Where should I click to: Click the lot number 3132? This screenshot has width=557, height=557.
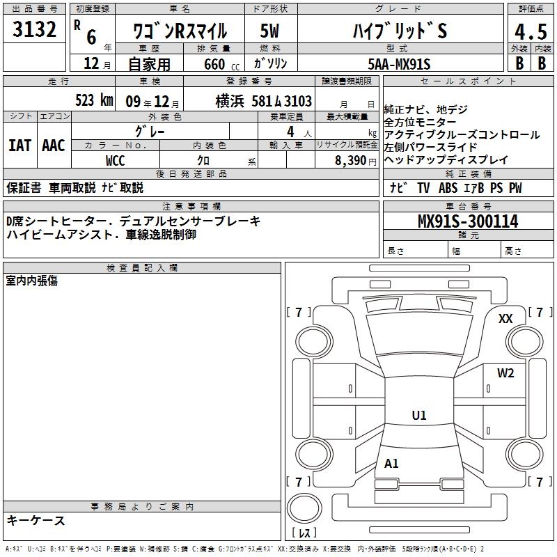[34, 29]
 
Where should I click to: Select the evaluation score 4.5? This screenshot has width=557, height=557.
[531, 32]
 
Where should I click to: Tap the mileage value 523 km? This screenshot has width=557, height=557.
[94, 100]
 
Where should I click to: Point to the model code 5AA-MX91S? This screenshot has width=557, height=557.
[399, 64]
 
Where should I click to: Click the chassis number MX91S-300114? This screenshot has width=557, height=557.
[468, 221]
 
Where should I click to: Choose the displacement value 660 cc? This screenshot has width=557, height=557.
[222, 64]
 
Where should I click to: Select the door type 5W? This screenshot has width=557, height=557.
[269, 31]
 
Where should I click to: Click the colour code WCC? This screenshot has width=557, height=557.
[116, 161]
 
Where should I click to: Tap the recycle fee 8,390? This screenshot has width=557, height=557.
[351, 161]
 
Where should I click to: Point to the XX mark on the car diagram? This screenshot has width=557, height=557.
[505, 319]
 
